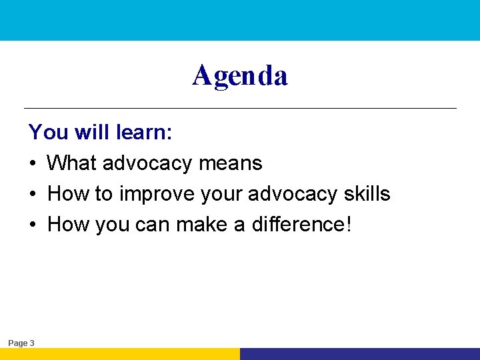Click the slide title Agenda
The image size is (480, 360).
pyautogui.click(x=240, y=76)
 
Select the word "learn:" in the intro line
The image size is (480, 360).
pyautogui.click(x=144, y=132)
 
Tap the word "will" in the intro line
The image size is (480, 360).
pyautogui.click(x=93, y=132)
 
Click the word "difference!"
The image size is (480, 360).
pyautogui.click(x=301, y=225)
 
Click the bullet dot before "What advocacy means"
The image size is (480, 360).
pyautogui.click(x=33, y=163)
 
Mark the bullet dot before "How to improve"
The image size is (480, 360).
pyautogui.click(x=33, y=195)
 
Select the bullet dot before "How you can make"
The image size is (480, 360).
pyautogui.click(x=33, y=225)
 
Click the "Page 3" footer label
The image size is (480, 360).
pyautogui.click(x=21, y=343)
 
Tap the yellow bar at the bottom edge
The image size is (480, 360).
pyautogui.click(x=120, y=354)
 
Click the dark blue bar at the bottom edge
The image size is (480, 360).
pyautogui.click(x=360, y=354)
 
